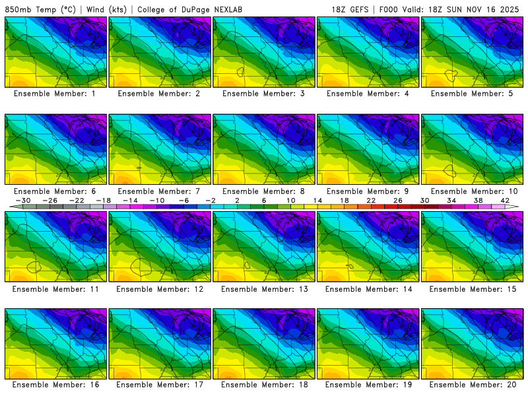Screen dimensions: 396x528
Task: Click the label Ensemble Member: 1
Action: [55, 94]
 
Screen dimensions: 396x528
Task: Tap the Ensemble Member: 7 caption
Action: [160, 191]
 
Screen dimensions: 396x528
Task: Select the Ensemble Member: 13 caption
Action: [264, 289]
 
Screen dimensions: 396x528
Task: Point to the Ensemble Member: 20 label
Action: [473, 385]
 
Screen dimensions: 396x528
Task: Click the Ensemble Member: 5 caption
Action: [473, 94]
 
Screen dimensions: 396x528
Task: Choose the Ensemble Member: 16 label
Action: [55, 385]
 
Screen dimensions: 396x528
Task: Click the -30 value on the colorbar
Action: [23, 200]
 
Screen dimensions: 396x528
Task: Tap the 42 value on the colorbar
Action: [505, 200]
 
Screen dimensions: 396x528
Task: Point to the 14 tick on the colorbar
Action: [317, 200]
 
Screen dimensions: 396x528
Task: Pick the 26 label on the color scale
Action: [398, 200]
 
